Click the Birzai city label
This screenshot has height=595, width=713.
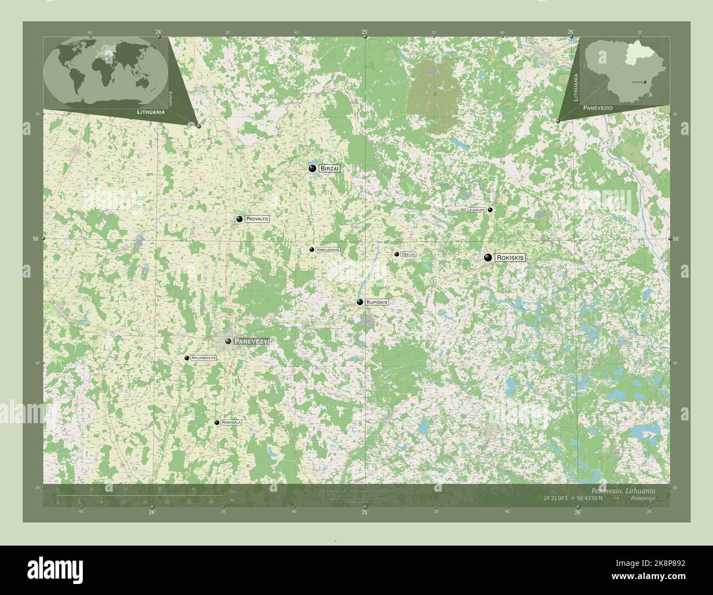pos(330,169)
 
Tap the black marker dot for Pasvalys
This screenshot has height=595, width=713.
pos(240,219)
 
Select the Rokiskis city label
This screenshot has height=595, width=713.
pos(510,257)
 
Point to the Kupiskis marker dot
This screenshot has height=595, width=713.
pos(360,302)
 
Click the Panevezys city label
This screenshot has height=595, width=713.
pos(252,341)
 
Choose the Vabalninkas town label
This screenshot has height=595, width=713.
pos(328,249)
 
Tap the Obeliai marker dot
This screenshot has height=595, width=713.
pos(396,254)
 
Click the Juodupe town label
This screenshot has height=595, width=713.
pos(476,210)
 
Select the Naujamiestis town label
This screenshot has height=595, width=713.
pos(204,358)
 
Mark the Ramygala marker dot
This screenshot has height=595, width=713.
pos(217,423)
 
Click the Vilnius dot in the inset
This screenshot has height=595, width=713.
pos(644,82)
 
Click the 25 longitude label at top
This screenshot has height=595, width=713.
pos(365,32)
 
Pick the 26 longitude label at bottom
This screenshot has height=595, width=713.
pos(578,513)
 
